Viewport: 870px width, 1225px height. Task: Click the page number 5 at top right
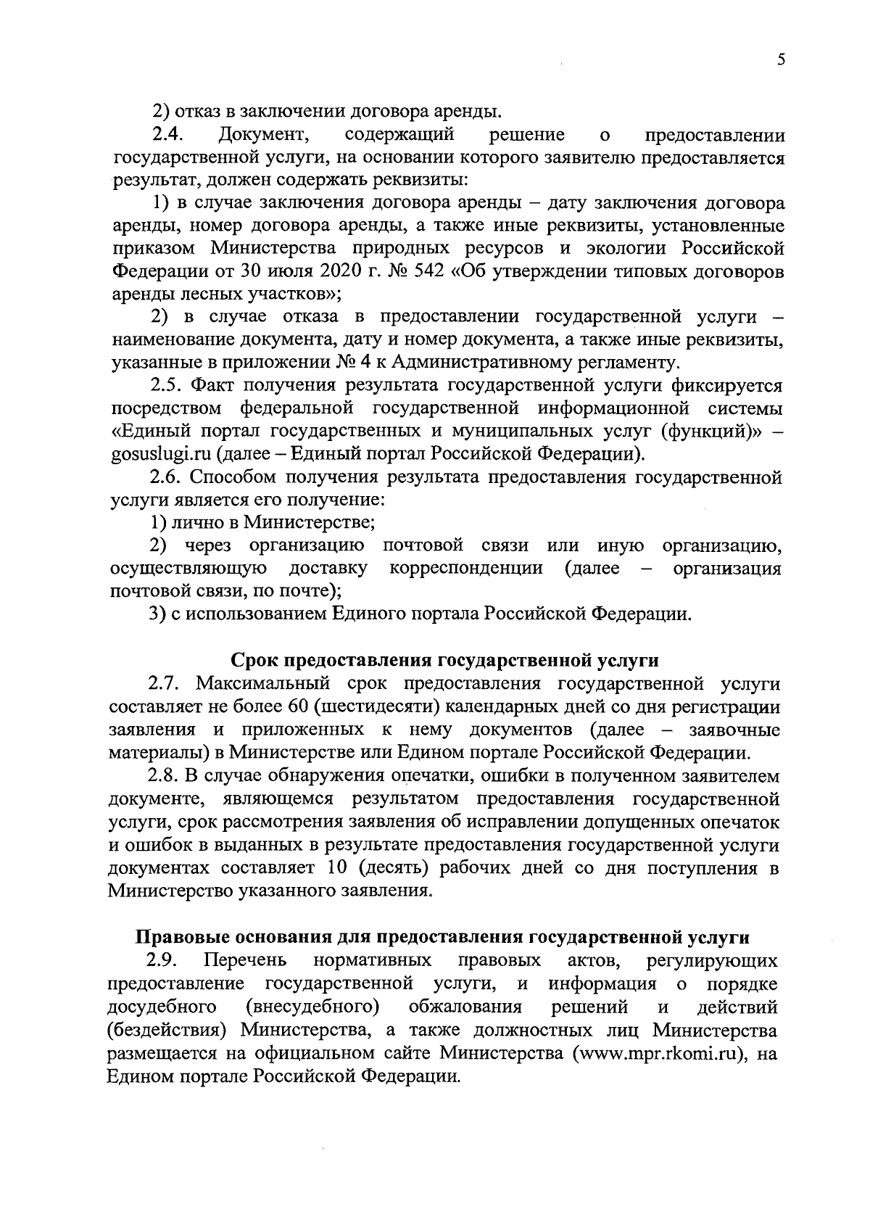pyautogui.click(x=780, y=61)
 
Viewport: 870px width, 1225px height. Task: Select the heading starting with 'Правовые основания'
pyautogui.click(x=442, y=937)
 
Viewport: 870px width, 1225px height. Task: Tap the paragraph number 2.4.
pyautogui.click(x=170, y=135)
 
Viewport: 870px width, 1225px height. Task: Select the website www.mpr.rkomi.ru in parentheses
pyautogui.click(x=660, y=1053)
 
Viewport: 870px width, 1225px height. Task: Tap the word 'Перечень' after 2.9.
pyautogui.click(x=246, y=961)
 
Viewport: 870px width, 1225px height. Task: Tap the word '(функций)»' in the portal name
pyautogui.click(x=706, y=432)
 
